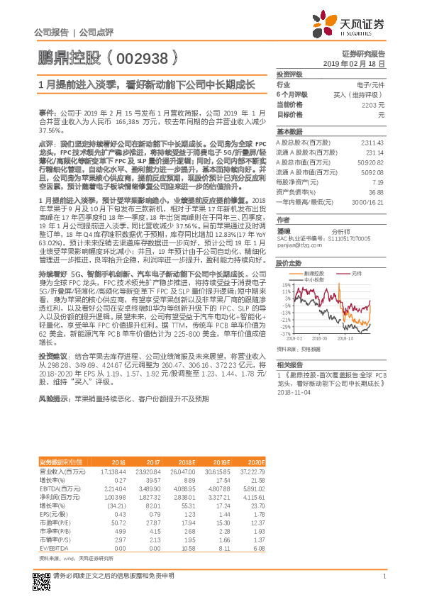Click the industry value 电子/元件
(370, 84)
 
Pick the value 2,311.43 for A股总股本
(372, 142)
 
